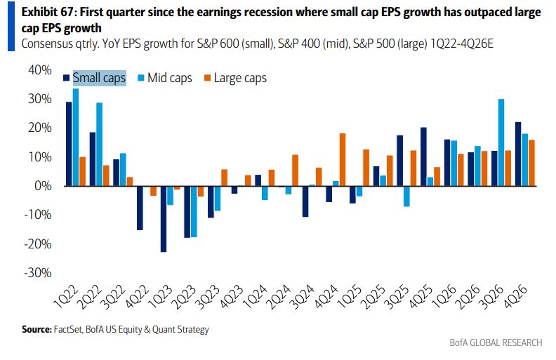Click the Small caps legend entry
pyautogui.click(x=99, y=78)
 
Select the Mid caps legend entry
pyautogui.click(x=165, y=78)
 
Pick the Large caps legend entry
pyautogui.click(x=235, y=78)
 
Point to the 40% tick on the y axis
pyautogui.click(x=41, y=70)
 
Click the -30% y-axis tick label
pyautogui.click(x=39, y=273)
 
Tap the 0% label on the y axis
pyautogui.click(x=44, y=186)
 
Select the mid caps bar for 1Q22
pyautogui.click(x=76, y=137)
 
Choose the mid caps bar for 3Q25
pyautogui.click(x=406, y=196)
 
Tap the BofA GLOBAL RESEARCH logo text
pyautogui.click(x=496, y=342)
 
